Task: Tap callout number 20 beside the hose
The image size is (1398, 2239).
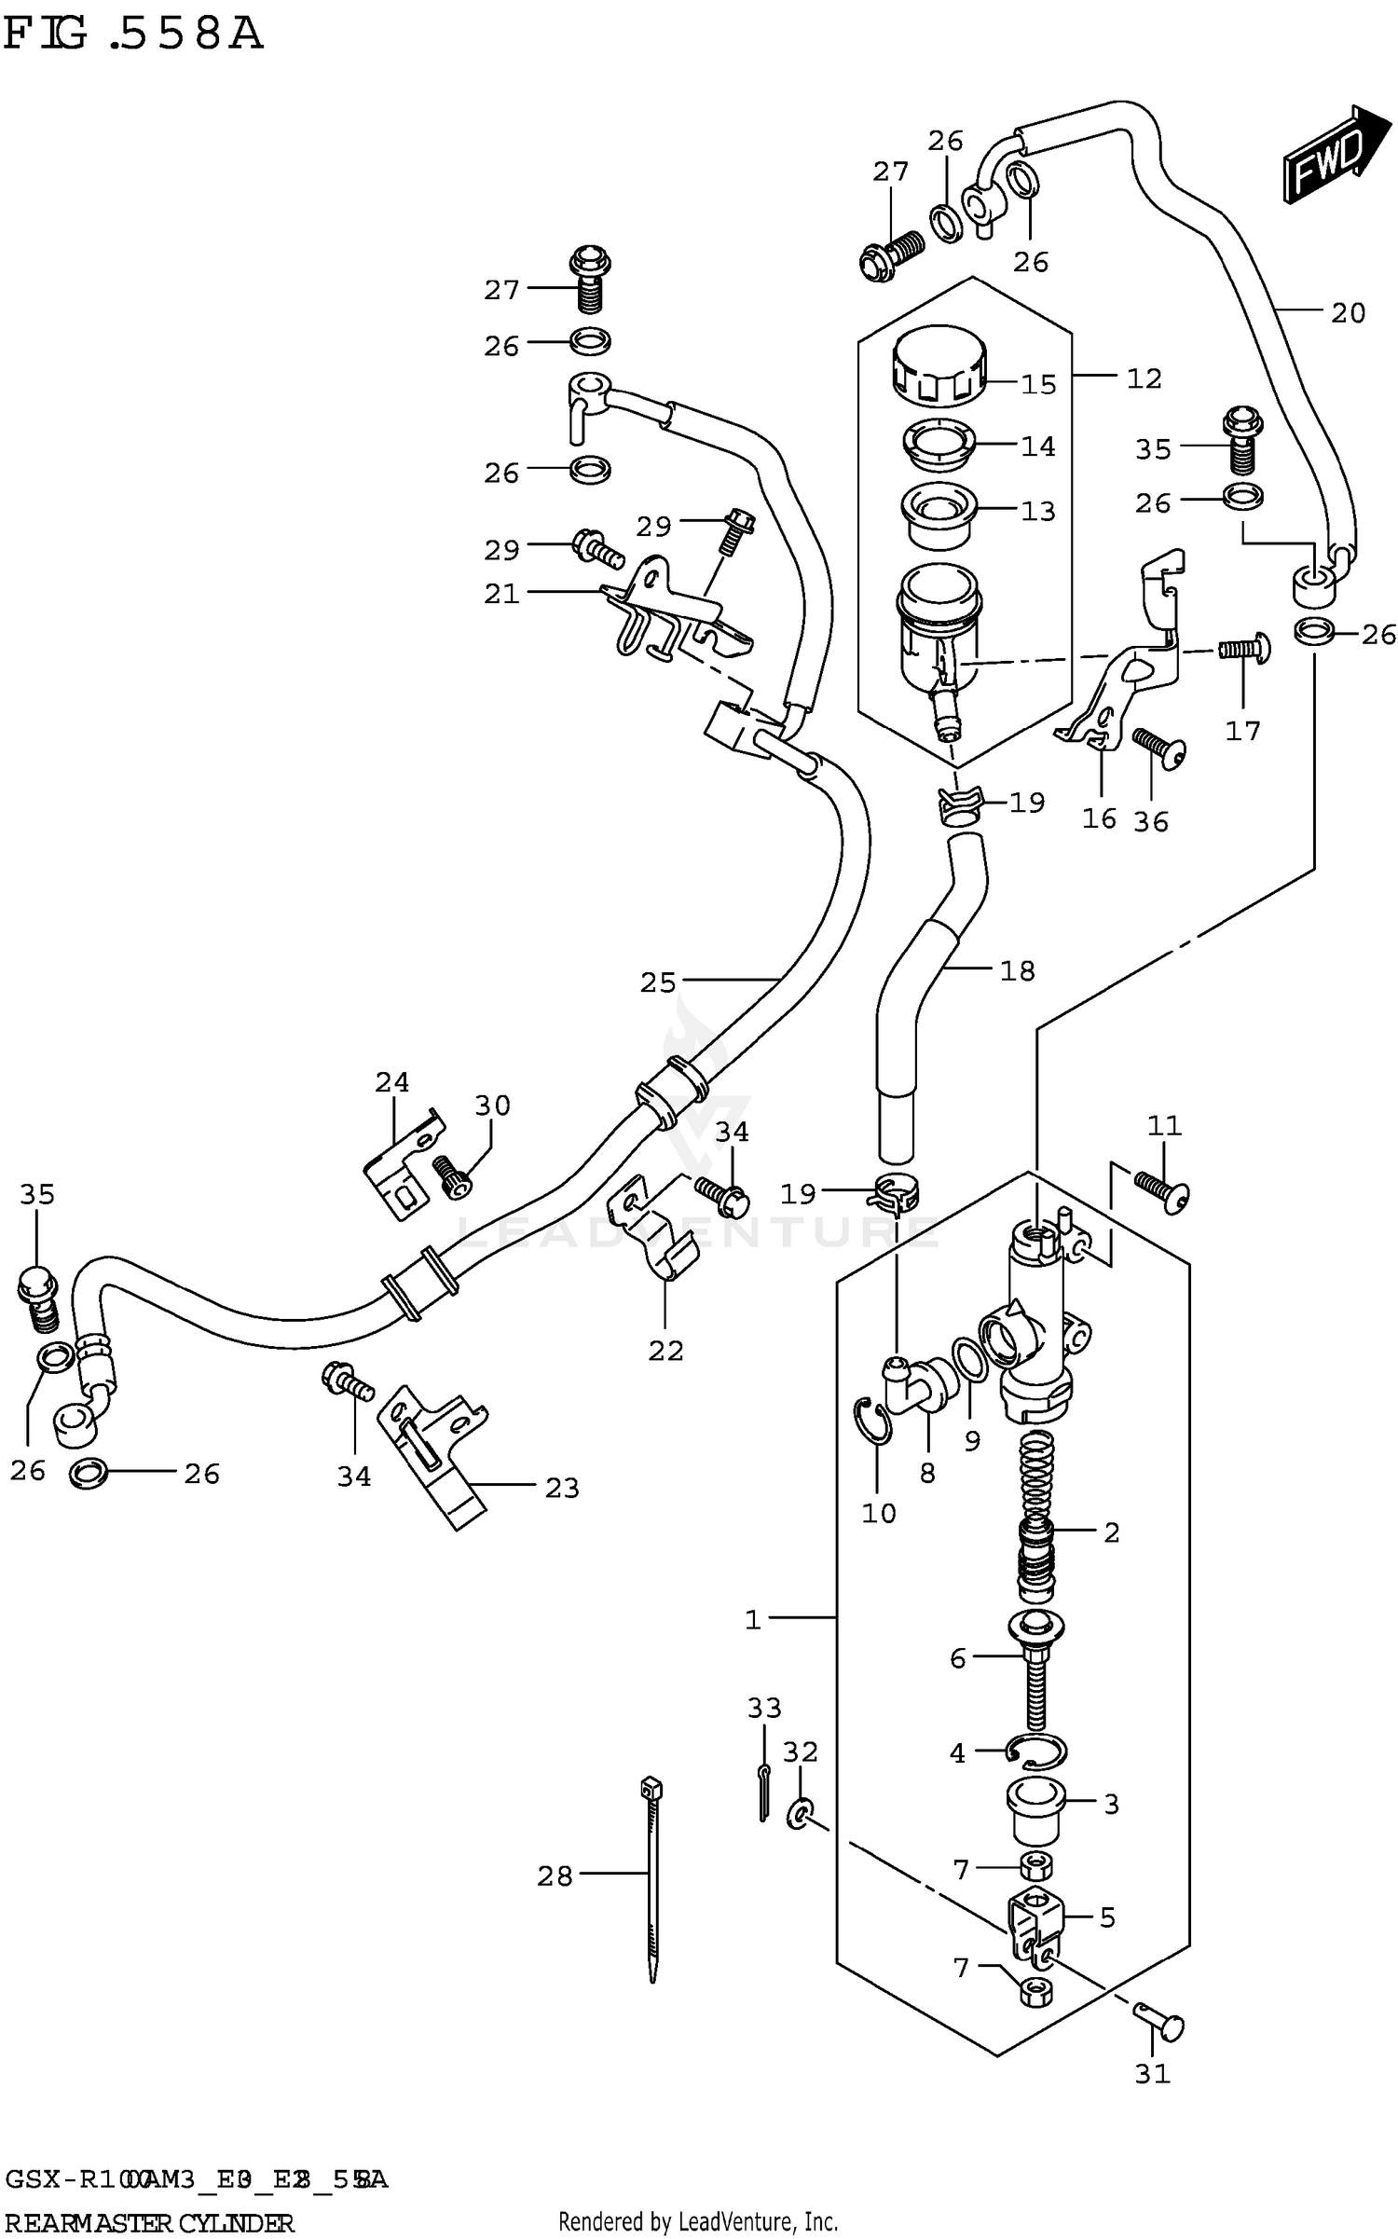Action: pyautogui.click(x=1347, y=312)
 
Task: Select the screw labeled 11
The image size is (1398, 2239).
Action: pyautogui.click(x=1162, y=1191)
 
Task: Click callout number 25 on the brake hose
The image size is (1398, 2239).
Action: pyautogui.click(x=657, y=982)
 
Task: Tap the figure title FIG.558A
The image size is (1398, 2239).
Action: pyautogui.click(x=132, y=35)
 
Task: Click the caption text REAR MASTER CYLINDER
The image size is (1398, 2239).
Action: pyautogui.click(x=149, y=2223)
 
